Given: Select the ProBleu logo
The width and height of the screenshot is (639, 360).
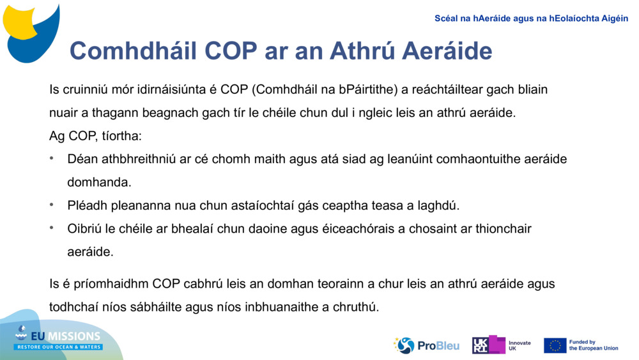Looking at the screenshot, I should click(x=426, y=345).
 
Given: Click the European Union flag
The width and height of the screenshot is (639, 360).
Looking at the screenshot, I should click(x=555, y=345).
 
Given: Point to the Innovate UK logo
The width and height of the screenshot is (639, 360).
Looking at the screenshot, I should click(x=501, y=345).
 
